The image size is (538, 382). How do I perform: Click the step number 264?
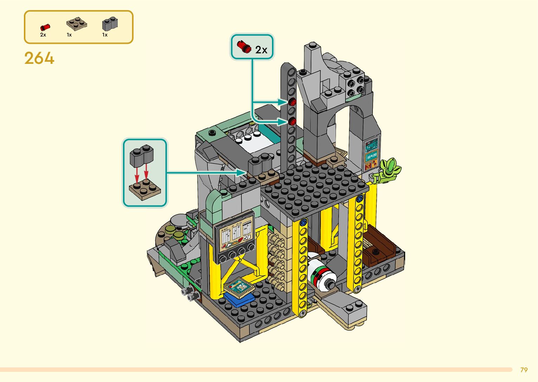[x=39, y=58]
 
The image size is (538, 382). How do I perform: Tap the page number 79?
[x=524, y=370]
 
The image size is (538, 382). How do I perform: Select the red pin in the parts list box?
[x=45, y=27]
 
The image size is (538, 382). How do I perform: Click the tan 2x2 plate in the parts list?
[x=77, y=24]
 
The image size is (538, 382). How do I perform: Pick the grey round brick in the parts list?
[x=110, y=24]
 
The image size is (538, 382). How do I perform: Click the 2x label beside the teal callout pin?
[x=261, y=50]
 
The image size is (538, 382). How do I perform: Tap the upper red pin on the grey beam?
[x=292, y=102]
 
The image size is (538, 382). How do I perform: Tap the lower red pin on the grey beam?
[x=292, y=122]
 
